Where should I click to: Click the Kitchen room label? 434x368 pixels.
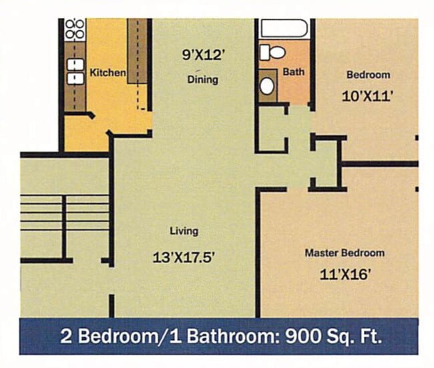pos(107,73)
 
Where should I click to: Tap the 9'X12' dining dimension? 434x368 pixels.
pos(202,55)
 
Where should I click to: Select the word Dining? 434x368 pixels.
pos(203,79)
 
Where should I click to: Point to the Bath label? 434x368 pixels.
pos(293,72)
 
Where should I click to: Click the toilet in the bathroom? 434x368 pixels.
pos(272,53)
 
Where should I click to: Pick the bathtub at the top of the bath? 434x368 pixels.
pos(284,28)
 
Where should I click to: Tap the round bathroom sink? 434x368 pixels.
pos(267,86)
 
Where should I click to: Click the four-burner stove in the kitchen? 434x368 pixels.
pos(75,29)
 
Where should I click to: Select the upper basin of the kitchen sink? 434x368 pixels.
pos(75,64)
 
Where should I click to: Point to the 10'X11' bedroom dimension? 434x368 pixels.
pos(368,97)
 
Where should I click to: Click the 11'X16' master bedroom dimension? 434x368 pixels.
pos(345,274)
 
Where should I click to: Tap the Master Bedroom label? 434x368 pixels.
pos(345,253)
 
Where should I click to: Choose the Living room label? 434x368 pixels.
pos(184,231)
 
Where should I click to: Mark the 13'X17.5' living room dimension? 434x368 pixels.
pos(184,257)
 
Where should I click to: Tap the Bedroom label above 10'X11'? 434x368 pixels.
pos(369,75)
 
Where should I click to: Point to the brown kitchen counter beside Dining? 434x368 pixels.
pos(138,51)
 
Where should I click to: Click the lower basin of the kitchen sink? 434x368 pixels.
pos(75,78)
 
